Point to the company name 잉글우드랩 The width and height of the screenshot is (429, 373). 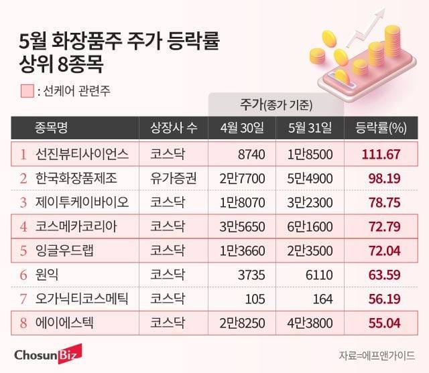[x=64, y=251]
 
